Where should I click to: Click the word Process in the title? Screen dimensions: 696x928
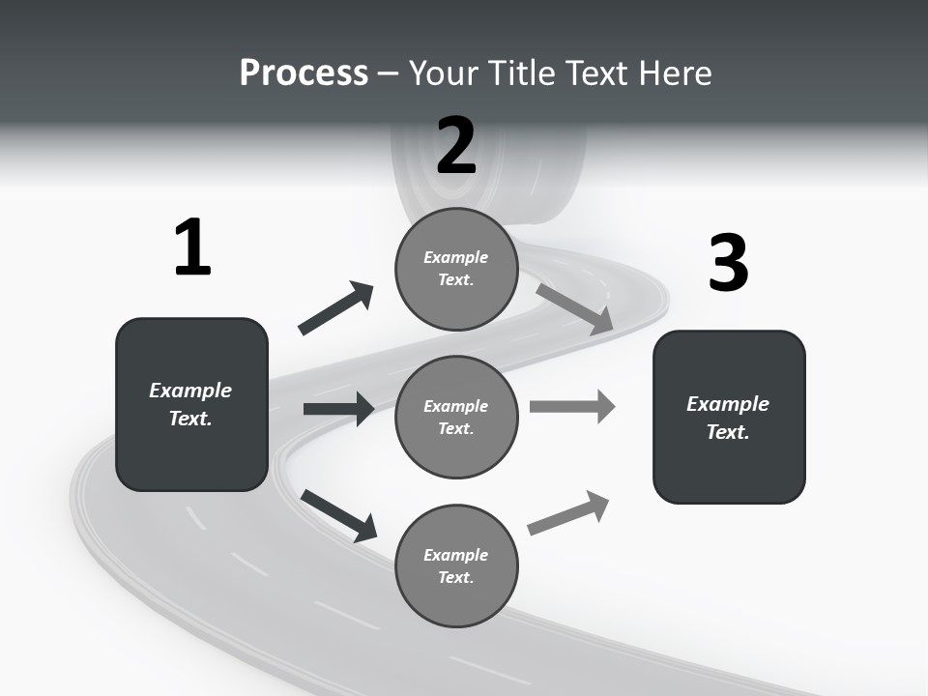point(304,72)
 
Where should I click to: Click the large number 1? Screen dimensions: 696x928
point(192,248)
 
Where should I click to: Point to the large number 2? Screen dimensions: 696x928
point(456,146)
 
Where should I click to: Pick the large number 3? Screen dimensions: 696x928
point(728,264)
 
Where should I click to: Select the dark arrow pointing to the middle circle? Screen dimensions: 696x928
point(338,409)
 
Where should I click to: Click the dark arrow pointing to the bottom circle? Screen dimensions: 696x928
point(338,514)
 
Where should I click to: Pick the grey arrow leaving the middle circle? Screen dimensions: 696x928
point(571,406)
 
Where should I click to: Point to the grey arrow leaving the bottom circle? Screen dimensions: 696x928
point(568,513)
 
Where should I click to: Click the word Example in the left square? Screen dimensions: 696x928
point(190,391)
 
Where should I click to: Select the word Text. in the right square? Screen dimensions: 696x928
point(728,432)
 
